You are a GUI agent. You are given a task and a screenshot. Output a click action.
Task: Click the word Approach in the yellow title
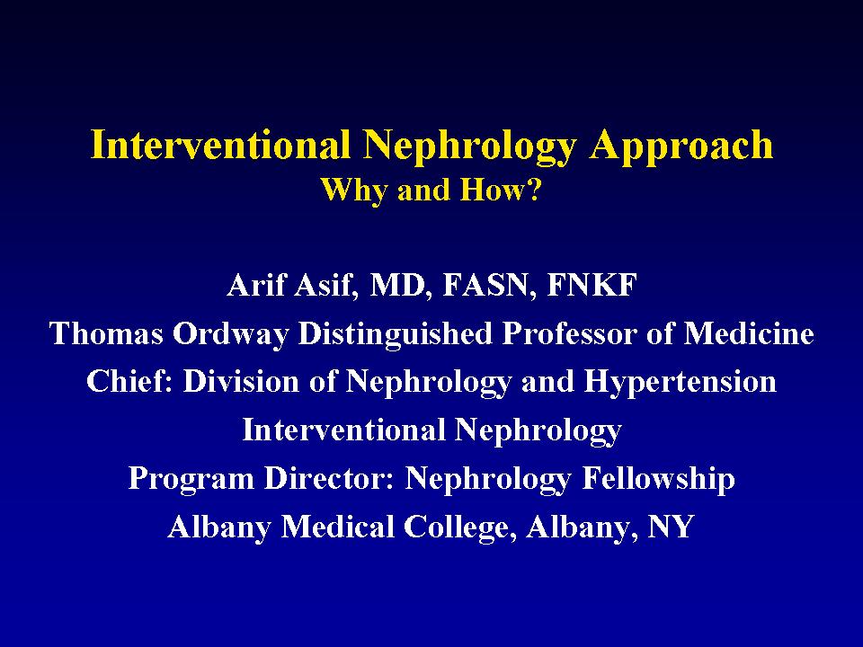[681, 146]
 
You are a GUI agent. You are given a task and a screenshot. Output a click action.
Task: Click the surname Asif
[325, 285]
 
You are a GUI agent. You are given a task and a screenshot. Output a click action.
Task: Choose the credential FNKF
[592, 286]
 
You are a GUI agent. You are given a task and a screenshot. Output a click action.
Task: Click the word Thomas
[106, 333]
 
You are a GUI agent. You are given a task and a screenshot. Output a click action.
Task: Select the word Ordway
[231, 335]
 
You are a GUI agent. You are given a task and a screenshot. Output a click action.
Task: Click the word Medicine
[749, 333]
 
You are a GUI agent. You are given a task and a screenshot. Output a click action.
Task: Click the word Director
[330, 478]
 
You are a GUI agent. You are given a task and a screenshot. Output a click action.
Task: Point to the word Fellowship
[658, 479]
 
